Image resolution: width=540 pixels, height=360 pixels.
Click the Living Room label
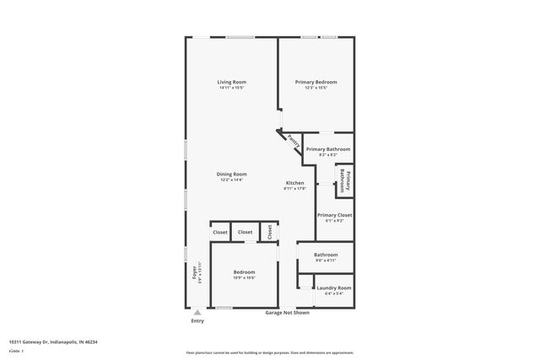[x=232, y=82]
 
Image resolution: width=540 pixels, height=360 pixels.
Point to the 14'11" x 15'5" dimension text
[x=232, y=88]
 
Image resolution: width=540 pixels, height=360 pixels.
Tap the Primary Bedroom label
[x=316, y=82]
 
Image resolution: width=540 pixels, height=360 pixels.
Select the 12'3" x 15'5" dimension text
[x=316, y=88]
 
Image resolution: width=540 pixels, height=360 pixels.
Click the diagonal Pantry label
[x=293, y=142]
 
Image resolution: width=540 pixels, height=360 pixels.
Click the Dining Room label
[x=232, y=174]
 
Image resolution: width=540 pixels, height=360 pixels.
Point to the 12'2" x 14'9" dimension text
[x=232, y=180]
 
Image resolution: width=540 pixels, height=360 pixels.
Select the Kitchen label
[x=294, y=183]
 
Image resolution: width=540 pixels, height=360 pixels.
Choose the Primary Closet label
[x=334, y=215]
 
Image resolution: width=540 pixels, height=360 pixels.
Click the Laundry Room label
[x=334, y=287]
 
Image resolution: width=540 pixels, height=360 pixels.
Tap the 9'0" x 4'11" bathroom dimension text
[x=326, y=261]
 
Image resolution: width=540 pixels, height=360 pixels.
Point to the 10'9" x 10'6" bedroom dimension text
[x=244, y=278]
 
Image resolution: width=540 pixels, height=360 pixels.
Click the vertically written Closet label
[x=270, y=232]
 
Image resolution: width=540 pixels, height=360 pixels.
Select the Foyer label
[x=194, y=271]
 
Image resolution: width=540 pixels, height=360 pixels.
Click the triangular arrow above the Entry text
[x=197, y=312]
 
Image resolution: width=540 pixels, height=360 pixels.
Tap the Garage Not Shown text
[x=288, y=313]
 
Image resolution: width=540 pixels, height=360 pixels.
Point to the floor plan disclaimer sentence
[x=270, y=352]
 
